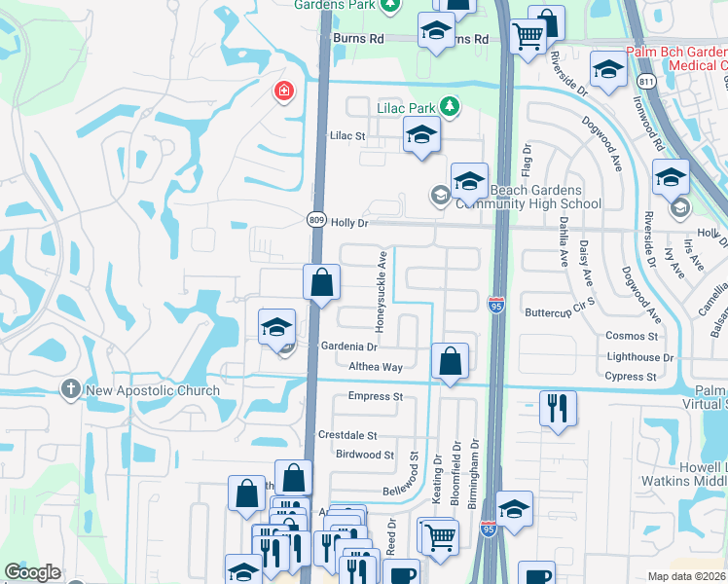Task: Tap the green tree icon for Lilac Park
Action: (449, 105)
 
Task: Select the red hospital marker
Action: (282, 91)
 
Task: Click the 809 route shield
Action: (317, 221)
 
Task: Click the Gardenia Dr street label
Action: (348, 347)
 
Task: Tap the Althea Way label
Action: (376, 367)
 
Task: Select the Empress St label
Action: (376, 397)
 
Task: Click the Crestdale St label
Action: (346, 436)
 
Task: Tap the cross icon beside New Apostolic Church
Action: (70, 390)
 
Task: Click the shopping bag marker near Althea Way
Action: (450, 361)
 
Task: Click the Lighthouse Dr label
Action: (640, 358)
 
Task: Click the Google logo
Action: (32, 572)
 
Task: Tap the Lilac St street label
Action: (347, 136)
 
